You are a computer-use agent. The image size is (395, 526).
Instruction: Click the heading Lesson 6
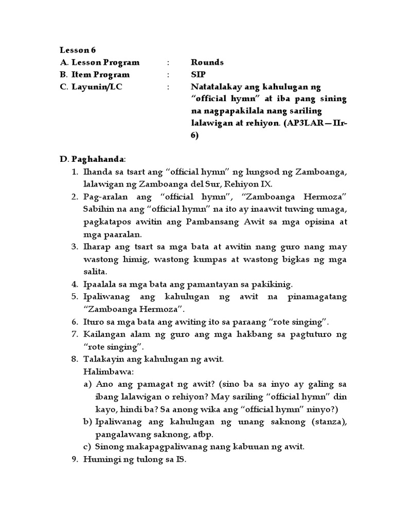[x=78, y=50]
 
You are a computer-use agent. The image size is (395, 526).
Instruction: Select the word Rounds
[x=207, y=62]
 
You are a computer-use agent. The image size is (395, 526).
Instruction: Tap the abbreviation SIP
[x=198, y=74]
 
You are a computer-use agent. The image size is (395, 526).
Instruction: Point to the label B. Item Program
[x=95, y=74]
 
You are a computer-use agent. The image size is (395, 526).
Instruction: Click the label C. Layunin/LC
[x=92, y=87]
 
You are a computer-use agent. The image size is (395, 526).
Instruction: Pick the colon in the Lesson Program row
[x=168, y=62]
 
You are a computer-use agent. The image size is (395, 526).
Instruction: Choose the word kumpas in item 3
[x=232, y=259]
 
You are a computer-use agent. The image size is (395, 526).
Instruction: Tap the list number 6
[x=74, y=322]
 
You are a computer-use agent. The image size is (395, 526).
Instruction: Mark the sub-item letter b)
[x=87, y=422]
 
